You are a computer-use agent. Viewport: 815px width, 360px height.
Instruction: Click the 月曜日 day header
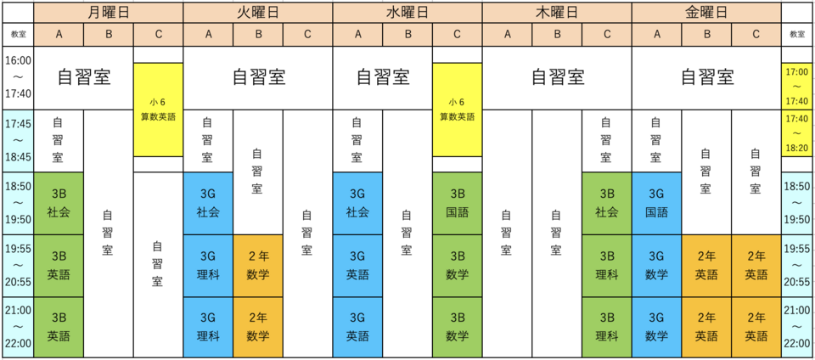click(x=109, y=12)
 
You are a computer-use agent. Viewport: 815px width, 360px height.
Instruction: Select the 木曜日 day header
click(x=557, y=12)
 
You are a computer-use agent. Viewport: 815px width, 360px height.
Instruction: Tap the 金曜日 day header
click(x=706, y=12)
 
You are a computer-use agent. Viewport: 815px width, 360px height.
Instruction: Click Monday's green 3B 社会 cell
click(x=59, y=204)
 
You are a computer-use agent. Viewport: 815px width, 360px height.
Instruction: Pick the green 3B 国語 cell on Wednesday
click(x=458, y=204)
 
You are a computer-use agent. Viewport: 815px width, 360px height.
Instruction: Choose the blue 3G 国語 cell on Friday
click(x=656, y=204)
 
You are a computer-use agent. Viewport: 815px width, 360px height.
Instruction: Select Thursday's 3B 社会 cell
click(x=606, y=204)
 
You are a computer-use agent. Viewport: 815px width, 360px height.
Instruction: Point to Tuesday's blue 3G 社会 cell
click(x=208, y=204)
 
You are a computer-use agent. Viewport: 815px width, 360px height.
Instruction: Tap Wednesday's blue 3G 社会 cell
click(x=357, y=204)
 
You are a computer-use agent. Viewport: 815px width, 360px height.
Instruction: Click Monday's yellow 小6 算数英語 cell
click(x=158, y=110)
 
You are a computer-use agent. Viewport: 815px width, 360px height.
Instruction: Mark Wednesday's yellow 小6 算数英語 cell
click(x=458, y=110)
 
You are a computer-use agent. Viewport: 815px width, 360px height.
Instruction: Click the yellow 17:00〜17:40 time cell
click(x=797, y=86)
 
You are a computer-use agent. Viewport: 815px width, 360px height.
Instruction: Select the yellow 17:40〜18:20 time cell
click(x=797, y=132)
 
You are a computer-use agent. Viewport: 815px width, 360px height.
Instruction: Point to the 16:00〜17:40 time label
click(x=18, y=77)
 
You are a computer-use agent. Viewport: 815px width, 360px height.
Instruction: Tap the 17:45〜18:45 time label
click(x=18, y=140)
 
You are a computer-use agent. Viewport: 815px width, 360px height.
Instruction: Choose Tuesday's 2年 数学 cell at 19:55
click(x=258, y=266)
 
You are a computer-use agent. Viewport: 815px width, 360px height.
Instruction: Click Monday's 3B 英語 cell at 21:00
click(x=59, y=328)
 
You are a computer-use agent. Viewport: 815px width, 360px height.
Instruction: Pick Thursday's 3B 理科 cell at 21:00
click(x=606, y=328)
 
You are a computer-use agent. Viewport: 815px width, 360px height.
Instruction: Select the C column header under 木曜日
click(x=606, y=35)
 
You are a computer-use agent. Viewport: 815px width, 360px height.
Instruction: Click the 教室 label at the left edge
click(x=18, y=35)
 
